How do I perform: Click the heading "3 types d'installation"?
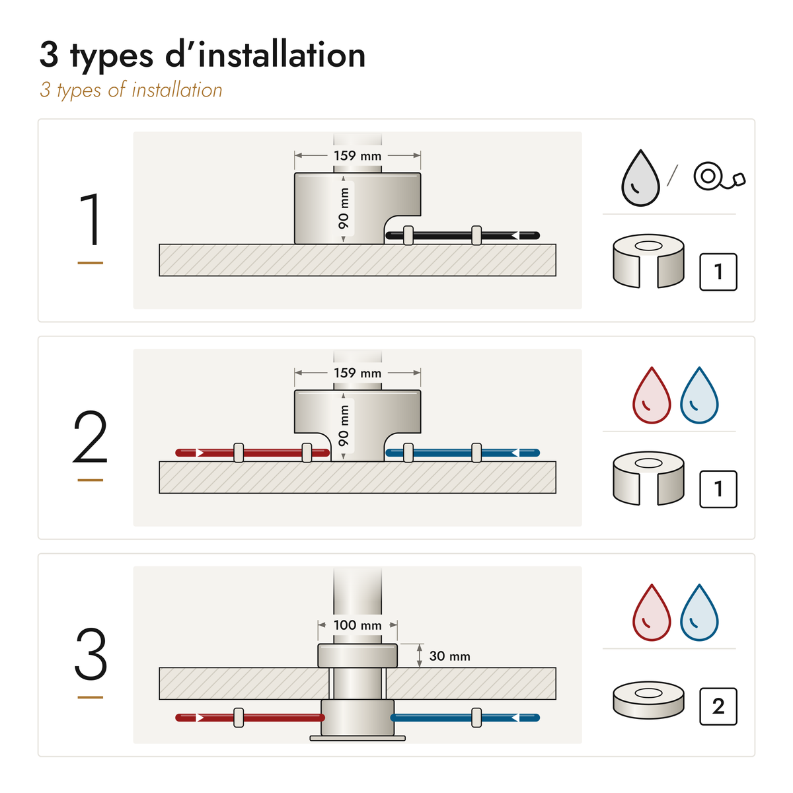(202, 56)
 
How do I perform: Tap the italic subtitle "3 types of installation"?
(131, 91)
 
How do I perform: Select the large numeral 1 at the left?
(91, 219)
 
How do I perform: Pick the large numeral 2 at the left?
(90, 437)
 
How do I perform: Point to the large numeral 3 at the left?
(91, 654)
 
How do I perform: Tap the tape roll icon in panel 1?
(719, 176)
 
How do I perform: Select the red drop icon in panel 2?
(652, 395)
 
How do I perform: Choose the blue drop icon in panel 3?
(699, 613)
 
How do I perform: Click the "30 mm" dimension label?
(449, 656)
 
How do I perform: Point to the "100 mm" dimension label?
(358, 625)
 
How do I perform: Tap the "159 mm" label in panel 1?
(358, 155)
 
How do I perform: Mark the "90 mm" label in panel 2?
(344, 426)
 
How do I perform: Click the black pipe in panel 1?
(463, 235)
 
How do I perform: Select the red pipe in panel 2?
(252, 453)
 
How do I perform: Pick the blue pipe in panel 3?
(465, 718)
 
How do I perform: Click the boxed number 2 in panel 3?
(718, 706)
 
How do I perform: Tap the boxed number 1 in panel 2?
(718, 489)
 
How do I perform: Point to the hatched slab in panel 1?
(358, 260)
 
